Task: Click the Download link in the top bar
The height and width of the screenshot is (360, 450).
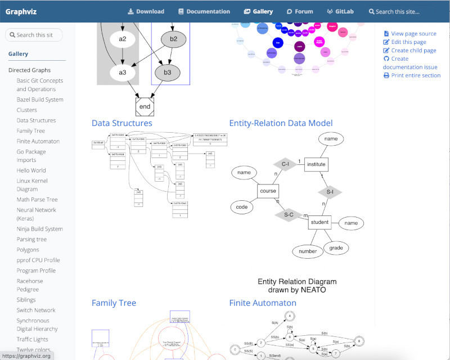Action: click(x=146, y=11)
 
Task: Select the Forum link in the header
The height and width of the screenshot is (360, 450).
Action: click(x=300, y=11)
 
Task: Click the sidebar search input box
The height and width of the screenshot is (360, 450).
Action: click(x=34, y=35)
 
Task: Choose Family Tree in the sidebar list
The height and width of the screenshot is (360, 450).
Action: click(x=30, y=131)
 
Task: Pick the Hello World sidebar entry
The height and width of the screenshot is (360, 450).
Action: click(x=31, y=170)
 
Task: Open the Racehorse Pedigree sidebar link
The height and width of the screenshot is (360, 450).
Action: click(x=30, y=285)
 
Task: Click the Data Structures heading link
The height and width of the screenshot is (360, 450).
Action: click(x=121, y=123)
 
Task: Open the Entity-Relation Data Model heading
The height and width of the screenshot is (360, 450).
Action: click(x=281, y=123)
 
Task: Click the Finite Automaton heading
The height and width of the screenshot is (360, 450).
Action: click(x=263, y=303)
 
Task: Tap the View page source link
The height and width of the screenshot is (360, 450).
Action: click(x=413, y=34)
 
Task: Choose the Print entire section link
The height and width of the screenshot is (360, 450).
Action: click(x=416, y=75)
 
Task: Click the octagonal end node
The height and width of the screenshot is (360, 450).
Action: click(x=145, y=106)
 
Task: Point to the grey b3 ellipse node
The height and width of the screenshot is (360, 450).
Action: click(x=168, y=73)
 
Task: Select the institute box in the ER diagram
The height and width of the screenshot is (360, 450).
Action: click(x=316, y=164)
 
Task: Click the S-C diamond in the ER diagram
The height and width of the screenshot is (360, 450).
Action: click(x=289, y=214)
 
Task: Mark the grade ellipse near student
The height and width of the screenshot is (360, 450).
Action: click(x=336, y=247)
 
